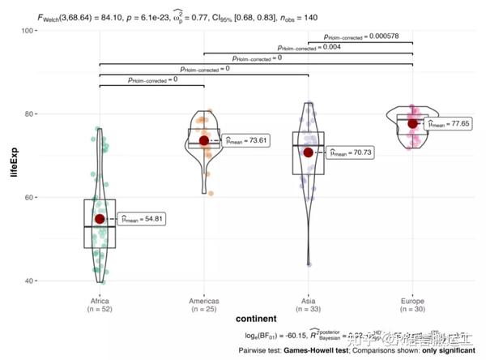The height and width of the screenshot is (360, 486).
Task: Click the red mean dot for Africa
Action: coord(100,218)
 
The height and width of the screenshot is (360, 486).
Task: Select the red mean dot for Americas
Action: coord(204,140)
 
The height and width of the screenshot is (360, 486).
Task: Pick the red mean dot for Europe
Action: coord(412,123)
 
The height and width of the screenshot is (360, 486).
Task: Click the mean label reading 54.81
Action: coord(143,219)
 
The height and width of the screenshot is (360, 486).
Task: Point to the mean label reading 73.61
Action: coord(247,140)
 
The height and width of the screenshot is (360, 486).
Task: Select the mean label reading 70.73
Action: coord(351,152)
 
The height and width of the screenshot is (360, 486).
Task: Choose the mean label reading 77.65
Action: coord(454,124)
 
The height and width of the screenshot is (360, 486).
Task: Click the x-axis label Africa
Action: coord(100,300)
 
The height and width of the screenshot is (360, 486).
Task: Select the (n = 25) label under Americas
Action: coord(204,310)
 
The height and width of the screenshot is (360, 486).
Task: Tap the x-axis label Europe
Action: coord(412,300)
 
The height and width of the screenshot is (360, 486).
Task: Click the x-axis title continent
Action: coord(256,322)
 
